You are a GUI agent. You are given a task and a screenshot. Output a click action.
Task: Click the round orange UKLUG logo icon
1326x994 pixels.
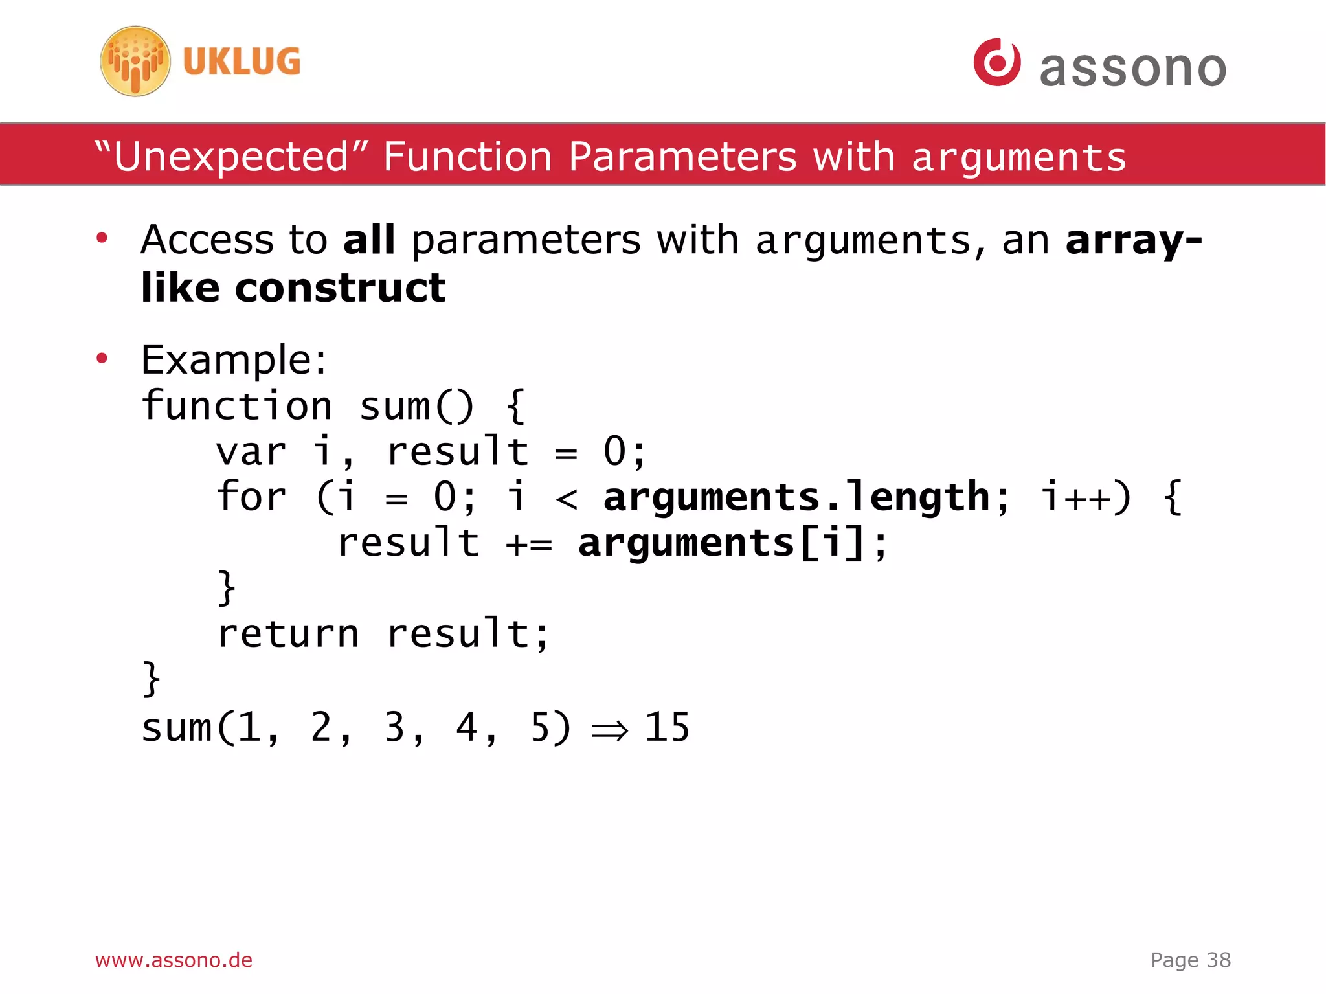[135, 62]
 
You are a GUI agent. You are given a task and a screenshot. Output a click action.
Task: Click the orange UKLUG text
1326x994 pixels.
[242, 62]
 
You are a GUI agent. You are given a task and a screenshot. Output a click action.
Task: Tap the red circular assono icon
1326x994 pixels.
[996, 62]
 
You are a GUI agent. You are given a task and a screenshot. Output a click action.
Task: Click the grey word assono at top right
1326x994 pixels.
[1132, 68]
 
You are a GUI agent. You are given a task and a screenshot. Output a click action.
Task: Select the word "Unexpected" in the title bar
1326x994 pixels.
[232, 157]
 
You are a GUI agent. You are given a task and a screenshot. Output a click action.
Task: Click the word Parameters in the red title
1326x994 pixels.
[682, 157]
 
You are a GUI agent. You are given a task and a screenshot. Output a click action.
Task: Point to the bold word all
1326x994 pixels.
[368, 240]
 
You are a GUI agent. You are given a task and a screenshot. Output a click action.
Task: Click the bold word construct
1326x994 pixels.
[340, 288]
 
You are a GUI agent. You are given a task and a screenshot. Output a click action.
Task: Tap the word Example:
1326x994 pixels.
[234, 360]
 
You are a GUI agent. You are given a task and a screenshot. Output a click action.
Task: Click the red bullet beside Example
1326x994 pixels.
[102, 358]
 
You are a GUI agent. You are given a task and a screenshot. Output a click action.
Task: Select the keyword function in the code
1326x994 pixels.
[237, 407]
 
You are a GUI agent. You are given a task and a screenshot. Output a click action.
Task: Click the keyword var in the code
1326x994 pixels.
[251, 452]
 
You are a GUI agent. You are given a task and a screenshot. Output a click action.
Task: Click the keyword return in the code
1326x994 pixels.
[287, 634]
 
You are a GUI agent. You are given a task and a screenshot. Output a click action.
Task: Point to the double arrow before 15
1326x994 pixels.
[609, 730]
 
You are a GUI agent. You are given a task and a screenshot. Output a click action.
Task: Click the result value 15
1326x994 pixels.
[667, 727]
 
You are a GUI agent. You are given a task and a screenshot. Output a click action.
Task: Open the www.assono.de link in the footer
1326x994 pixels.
[174, 960]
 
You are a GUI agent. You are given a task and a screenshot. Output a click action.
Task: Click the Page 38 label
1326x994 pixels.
[1190, 960]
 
